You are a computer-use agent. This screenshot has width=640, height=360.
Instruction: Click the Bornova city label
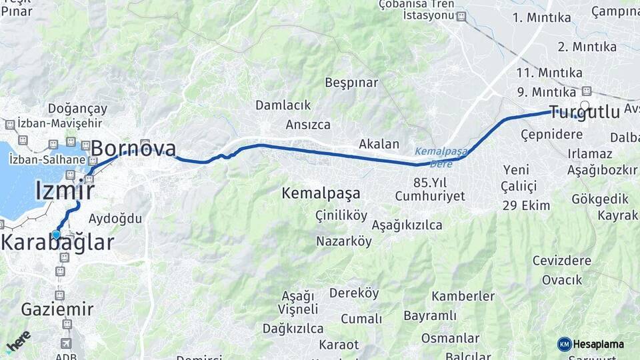(133, 149)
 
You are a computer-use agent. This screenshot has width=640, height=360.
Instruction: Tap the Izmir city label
(64, 190)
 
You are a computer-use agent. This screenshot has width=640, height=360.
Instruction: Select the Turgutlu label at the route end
(584, 111)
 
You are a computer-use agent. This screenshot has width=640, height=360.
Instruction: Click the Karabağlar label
(57, 243)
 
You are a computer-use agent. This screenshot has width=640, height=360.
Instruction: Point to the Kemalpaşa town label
(321, 193)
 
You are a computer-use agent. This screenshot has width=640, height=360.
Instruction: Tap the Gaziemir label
(57, 309)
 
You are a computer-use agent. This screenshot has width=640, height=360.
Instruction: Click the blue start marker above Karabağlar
(56, 234)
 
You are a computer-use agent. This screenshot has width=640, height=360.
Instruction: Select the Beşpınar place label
(351, 83)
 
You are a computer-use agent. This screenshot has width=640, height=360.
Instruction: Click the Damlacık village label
(283, 105)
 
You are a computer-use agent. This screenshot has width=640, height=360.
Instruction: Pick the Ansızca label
(308, 125)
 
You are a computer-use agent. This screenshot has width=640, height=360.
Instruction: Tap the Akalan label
(379, 144)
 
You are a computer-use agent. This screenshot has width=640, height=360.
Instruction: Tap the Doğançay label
(77, 109)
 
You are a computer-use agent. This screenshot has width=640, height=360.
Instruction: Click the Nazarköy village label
(344, 241)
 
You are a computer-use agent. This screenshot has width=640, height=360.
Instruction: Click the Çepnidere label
(551, 134)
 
